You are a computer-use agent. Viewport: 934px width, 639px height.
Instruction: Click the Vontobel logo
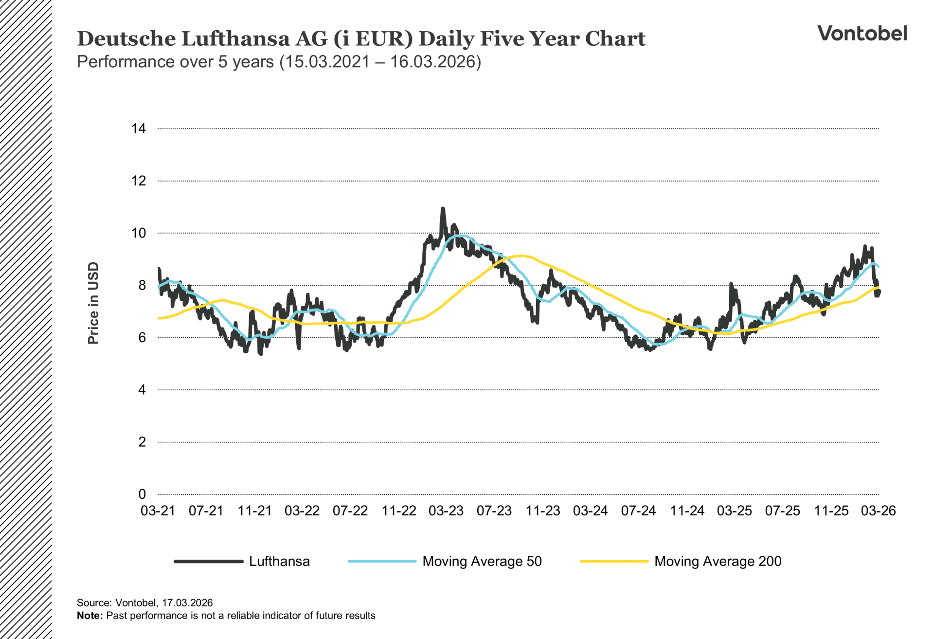point(862,34)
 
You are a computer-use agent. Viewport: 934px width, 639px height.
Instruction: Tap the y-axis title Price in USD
point(93,303)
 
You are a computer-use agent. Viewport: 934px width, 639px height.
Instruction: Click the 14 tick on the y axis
point(138,128)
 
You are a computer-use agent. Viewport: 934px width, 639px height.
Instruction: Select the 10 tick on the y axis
point(138,233)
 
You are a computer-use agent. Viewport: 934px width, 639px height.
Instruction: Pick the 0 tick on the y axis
point(142,494)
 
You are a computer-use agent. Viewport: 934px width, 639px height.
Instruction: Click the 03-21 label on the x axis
point(158,511)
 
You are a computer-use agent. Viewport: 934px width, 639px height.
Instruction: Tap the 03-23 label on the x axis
point(446,511)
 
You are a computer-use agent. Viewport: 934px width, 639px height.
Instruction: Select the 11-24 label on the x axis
point(686,511)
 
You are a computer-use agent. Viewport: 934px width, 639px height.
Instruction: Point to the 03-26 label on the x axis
point(878,511)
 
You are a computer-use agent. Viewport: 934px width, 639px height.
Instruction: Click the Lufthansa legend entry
point(279,561)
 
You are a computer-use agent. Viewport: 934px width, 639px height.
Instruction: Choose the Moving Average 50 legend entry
point(482,561)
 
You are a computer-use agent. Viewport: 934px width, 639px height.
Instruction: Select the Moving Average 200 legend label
point(718,561)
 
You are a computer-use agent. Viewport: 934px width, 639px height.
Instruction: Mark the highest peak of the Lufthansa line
point(443,209)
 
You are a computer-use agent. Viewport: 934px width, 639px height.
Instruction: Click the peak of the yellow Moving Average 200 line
point(521,256)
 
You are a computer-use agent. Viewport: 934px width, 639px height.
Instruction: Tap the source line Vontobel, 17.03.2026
point(144,602)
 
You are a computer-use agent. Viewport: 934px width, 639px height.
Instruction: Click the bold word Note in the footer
point(90,616)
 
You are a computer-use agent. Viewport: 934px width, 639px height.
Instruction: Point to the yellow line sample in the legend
point(614,561)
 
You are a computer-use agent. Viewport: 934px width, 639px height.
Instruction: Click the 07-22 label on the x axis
point(350,511)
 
